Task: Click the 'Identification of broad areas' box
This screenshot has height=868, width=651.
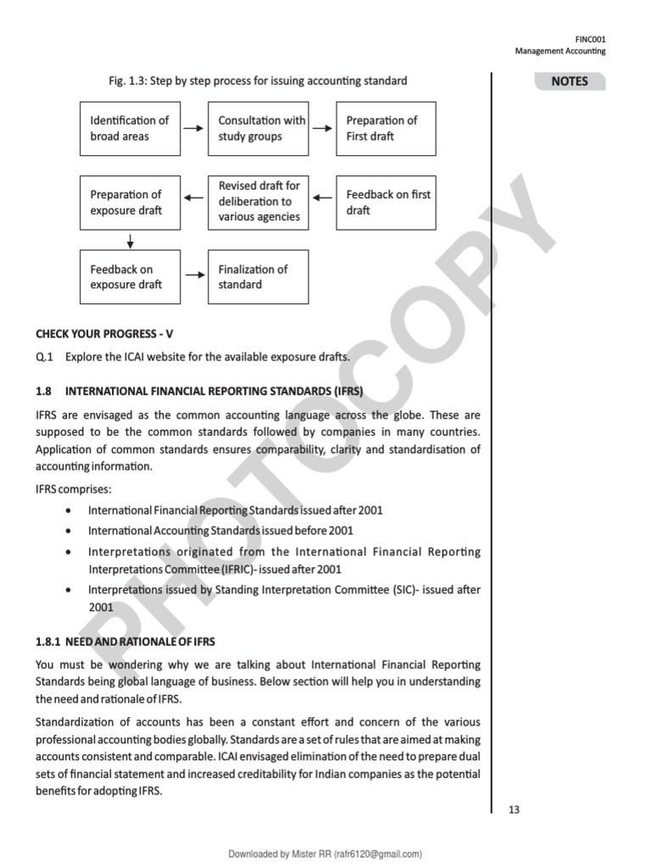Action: click(x=130, y=128)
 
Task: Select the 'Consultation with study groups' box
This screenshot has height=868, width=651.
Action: click(x=258, y=128)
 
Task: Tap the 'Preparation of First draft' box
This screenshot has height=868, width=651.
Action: click(x=386, y=128)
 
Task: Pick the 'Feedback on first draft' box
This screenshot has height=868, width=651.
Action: click(x=386, y=203)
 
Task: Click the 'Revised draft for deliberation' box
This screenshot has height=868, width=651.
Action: click(x=258, y=203)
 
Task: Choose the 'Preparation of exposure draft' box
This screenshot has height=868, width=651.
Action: click(x=130, y=203)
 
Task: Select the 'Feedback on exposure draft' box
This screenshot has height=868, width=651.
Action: click(x=130, y=276)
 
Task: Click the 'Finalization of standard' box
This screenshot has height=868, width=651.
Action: click(x=258, y=276)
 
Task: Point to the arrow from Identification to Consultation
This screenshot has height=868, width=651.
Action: click(x=194, y=128)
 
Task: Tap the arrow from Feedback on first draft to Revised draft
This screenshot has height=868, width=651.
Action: click(x=322, y=198)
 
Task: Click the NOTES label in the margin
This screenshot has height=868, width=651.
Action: click(x=569, y=82)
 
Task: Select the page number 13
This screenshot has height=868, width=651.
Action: click(x=514, y=810)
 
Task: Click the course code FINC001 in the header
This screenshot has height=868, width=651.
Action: click(x=590, y=39)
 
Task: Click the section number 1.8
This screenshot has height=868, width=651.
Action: click(x=44, y=392)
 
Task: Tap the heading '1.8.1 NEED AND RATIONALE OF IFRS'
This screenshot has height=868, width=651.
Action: click(x=125, y=642)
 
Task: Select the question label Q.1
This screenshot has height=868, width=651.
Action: click(x=44, y=357)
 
